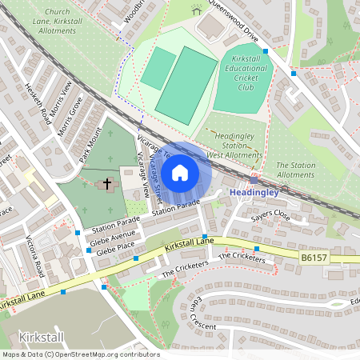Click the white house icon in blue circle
[x=180, y=172]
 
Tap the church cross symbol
[x=107, y=185]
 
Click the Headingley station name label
[x=254, y=193]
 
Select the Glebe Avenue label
[x=112, y=238]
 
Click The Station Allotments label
[x=295, y=170]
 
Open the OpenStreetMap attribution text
[x=80, y=354]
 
